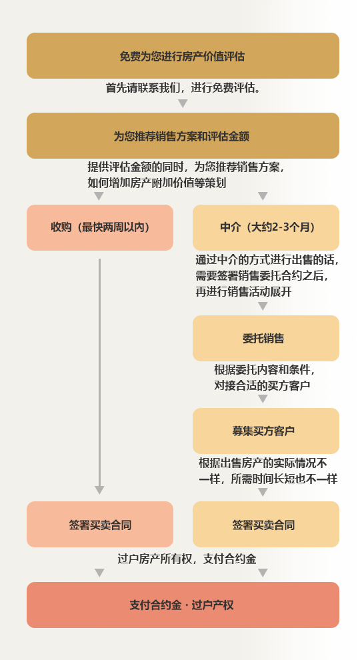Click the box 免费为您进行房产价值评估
(183, 55)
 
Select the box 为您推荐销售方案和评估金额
(183, 135)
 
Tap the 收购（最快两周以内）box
(100, 228)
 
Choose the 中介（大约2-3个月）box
(266, 228)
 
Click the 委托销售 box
(266, 339)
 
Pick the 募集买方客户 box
(266, 431)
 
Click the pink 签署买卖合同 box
(100, 525)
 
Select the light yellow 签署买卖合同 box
(266, 525)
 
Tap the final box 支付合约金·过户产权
(183, 605)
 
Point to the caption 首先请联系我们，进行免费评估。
(183, 88)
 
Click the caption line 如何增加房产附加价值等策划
(157, 183)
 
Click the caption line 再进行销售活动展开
(243, 292)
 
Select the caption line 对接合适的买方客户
(262, 385)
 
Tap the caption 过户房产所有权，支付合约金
(187, 559)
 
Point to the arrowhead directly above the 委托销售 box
(263, 307)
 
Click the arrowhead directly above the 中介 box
(263, 196)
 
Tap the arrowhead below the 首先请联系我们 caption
(183, 103)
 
